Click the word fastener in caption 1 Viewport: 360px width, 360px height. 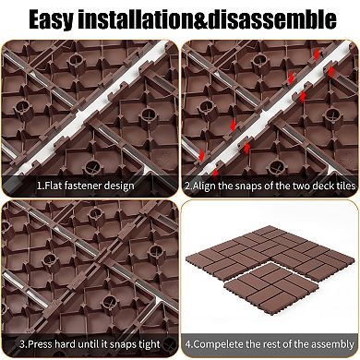84,186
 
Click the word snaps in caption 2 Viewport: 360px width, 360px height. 250,186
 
